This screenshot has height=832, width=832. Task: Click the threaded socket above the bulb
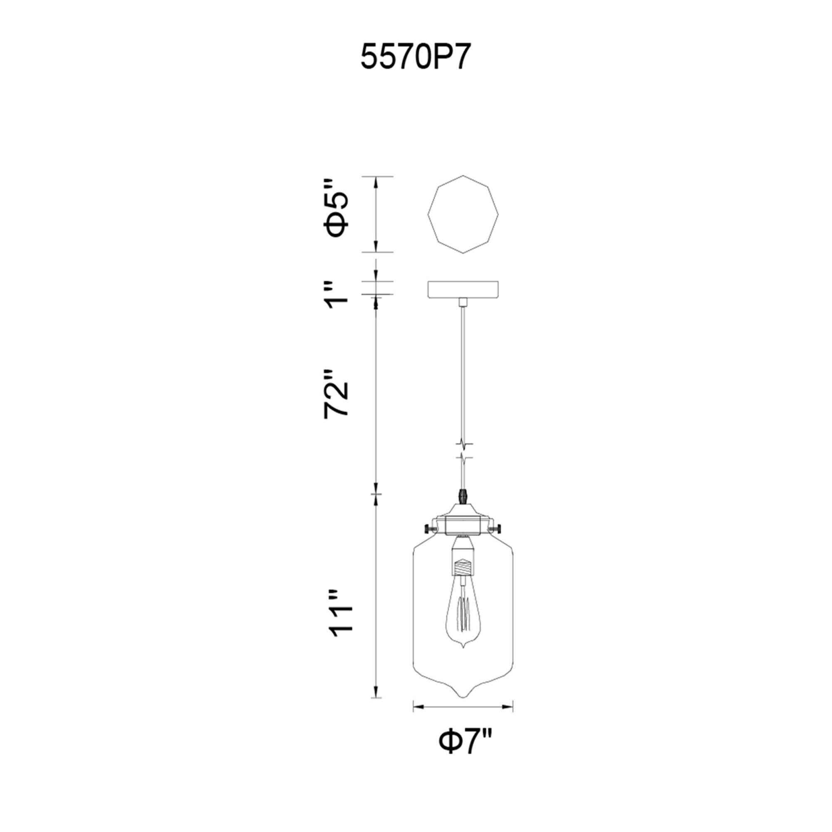click(463, 568)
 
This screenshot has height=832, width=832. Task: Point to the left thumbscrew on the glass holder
click(428, 528)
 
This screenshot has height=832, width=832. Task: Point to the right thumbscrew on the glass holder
click(499, 528)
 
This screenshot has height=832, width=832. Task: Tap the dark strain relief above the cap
click(463, 496)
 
